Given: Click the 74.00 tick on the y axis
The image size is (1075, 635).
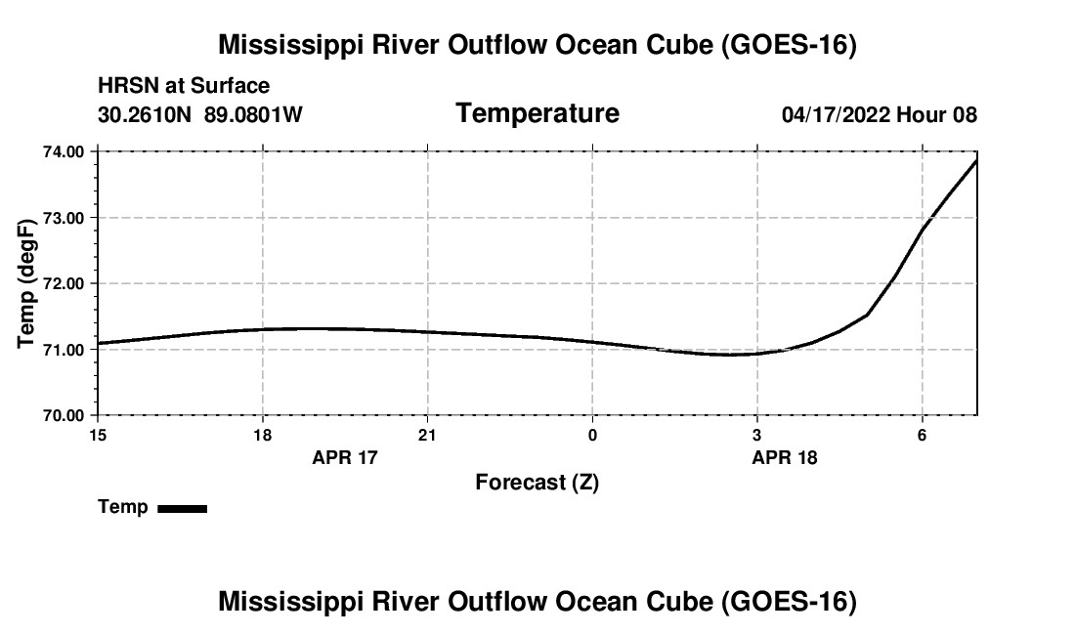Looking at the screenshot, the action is click(x=64, y=151).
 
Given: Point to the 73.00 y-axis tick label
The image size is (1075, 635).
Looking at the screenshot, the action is click(x=64, y=218).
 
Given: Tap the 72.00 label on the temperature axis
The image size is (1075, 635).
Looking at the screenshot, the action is click(x=64, y=283).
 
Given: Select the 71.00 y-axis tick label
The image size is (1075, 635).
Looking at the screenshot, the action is click(x=64, y=350).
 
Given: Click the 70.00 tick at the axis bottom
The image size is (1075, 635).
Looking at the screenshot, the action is click(x=64, y=415).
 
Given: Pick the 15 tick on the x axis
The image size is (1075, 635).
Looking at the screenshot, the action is click(x=98, y=435).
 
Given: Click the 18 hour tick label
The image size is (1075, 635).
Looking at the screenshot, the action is click(x=263, y=435).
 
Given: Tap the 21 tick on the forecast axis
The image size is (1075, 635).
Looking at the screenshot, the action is click(x=428, y=435).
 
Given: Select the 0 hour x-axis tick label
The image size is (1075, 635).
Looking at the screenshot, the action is click(x=592, y=435).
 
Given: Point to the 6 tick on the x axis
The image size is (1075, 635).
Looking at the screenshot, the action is click(x=923, y=435).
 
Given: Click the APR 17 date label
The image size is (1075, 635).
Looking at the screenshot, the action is click(x=345, y=457).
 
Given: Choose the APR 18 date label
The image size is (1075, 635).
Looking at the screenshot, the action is click(x=785, y=457).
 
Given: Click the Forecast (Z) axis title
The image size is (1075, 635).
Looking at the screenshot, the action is click(x=537, y=483).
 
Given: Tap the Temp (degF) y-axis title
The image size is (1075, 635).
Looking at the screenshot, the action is click(x=25, y=283).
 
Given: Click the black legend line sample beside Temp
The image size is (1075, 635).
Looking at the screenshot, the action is click(x=183, y=508).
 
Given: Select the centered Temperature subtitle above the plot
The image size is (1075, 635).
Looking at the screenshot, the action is click(x=537, y=113).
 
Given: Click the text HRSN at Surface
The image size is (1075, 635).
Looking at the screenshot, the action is click(x=184, y=86).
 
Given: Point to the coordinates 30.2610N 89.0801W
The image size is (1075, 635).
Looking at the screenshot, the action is click(x=200, y=114).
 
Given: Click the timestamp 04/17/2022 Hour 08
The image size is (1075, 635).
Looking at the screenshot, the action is click(x=880, y=114).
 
